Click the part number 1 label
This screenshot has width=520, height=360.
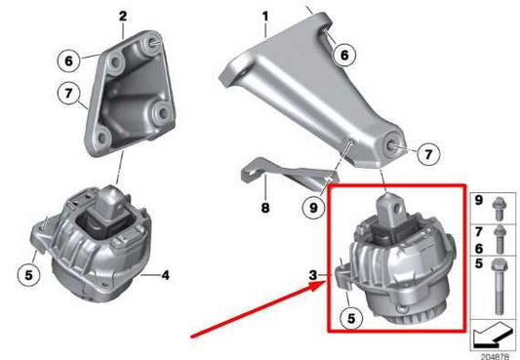click(263, 16)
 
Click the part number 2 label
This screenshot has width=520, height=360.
click(123, 16)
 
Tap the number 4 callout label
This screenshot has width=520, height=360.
click(165, 276)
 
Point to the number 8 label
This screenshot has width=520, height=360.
click(263, 207)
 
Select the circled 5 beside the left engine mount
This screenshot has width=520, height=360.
click(29, 276)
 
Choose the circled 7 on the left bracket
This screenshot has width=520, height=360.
click(67, 95)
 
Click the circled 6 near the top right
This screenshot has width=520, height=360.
click(342, 57)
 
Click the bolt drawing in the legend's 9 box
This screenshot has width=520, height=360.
click(497, 207)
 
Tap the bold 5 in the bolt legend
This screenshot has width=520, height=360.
click(479, 261)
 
